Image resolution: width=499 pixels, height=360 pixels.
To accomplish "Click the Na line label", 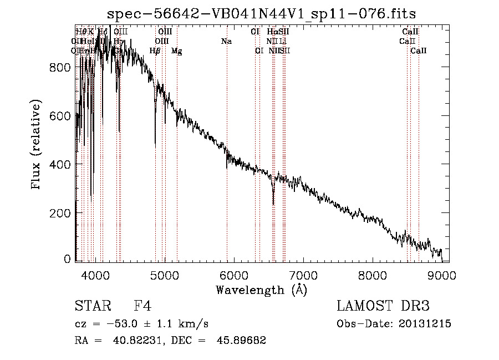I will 226,42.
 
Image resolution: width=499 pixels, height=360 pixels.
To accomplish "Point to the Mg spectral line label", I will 176,51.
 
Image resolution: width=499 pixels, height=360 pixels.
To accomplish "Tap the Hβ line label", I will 155,51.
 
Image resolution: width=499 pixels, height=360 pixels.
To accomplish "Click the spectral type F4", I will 142,307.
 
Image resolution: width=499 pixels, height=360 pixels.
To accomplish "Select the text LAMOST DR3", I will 383,307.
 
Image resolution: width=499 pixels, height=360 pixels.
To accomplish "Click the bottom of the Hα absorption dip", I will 273,204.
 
